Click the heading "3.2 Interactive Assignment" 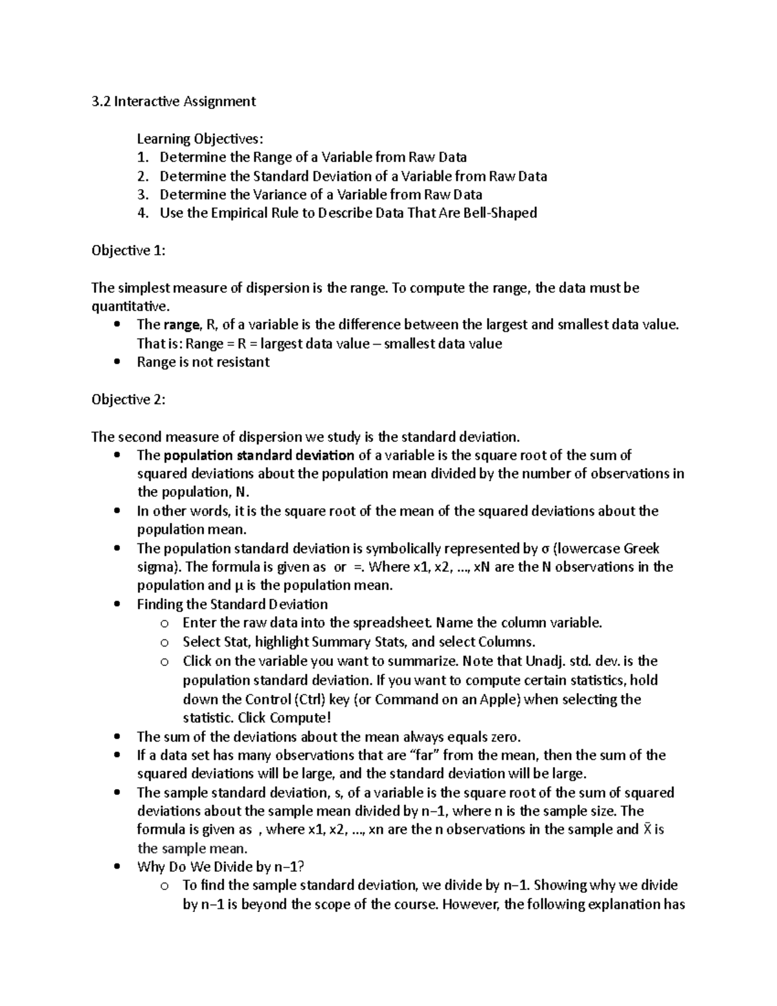(174, 101)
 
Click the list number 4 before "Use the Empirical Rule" (143, 213)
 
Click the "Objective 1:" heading (128, 251)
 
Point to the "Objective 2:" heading (128, 400)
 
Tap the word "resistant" (242, 363)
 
